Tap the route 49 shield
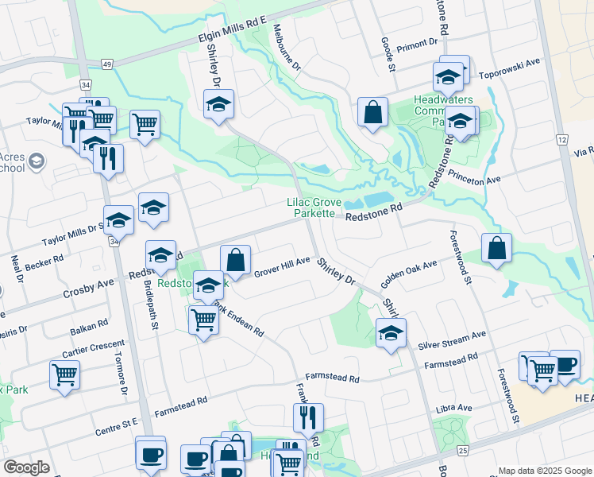click(x=106, y=63)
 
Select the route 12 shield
click(x=562, y=139)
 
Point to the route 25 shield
click(x=463, y=451)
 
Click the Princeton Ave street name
click(x=474, y=180)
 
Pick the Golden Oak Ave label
click(x=408, y=274)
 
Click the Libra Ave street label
click(x=453, y=408)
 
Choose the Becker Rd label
click(x=44, y=262)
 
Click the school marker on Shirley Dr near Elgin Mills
click(x=218, y=104)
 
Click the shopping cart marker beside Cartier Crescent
click(x=64, y=374)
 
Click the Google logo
click(x=27, y=467)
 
